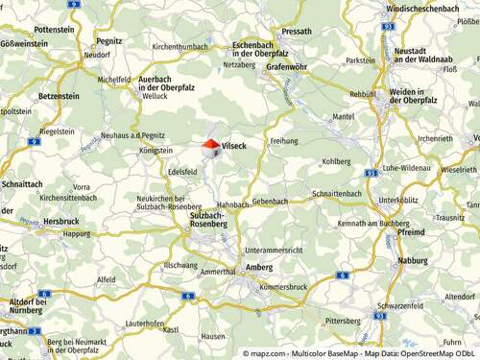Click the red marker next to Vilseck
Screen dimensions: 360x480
pos(210,145)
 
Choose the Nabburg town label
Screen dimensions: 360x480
pos(413,259)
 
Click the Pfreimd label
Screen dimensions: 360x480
pos(410,232)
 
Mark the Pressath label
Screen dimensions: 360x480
pos(298,32)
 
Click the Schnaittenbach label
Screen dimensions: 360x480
pos(335,194)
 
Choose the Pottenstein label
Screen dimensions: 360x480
pos(54,30)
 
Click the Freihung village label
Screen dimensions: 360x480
pos(284,141)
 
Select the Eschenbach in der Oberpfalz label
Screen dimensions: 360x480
pos(267,50)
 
